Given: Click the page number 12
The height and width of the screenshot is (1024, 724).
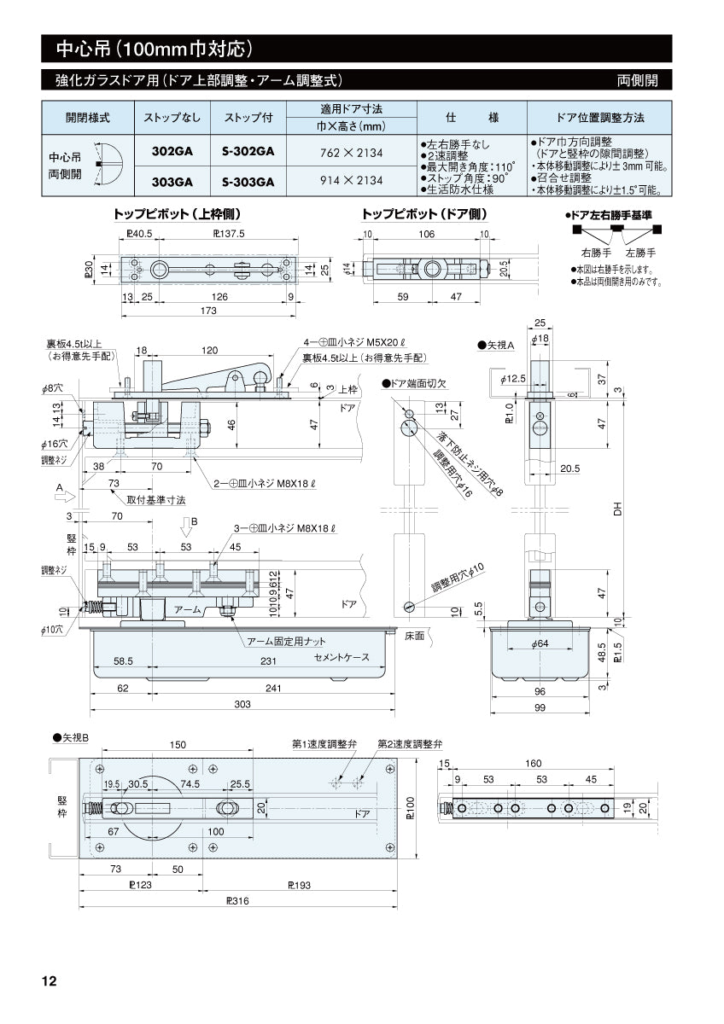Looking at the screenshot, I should tap(50, 981).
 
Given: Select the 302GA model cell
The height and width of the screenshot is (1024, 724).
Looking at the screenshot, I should tap(172, 151).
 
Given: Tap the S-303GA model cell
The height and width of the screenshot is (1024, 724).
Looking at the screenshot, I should tap(248, 181).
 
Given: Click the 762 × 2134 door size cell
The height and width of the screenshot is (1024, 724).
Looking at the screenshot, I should tap(351, 152).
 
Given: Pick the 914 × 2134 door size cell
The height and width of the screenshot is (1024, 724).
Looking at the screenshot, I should tap(351, 181).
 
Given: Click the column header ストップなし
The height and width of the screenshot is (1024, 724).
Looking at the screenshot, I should tap(172, 117).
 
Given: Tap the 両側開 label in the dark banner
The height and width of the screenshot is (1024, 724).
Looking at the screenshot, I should tap(638, 80).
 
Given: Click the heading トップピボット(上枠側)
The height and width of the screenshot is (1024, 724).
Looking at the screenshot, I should tap(182, 213).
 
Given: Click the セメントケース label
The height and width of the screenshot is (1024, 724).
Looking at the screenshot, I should tap(342, 658).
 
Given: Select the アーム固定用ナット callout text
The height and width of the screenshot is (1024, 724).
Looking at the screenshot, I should tap(287, 641).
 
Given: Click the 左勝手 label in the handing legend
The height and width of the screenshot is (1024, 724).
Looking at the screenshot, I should tap(639, 253).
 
